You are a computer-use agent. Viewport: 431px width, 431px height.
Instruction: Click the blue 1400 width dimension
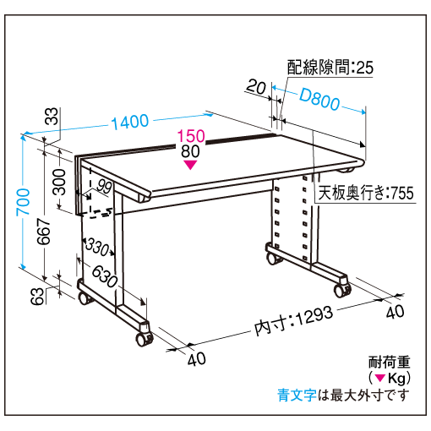point(130,122)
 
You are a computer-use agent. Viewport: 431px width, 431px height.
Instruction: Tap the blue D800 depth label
point(319,99)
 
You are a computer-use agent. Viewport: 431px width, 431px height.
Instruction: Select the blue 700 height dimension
point(23,202)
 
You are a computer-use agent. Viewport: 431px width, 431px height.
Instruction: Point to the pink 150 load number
point(191,136)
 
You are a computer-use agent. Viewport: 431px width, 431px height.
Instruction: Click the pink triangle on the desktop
point(190,165)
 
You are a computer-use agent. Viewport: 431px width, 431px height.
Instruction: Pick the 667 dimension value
point(44,231)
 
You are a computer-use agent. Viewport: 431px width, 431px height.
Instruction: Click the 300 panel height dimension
point(59,182)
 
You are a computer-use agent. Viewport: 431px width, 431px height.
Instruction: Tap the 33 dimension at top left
point(52,116)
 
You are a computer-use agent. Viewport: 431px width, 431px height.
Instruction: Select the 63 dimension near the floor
point(37,296)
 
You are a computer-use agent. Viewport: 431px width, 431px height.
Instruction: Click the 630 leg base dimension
point(105,276)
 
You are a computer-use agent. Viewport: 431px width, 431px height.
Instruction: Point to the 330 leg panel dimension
point(97,247)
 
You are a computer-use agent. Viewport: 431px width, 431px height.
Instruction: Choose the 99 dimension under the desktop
point(104,186)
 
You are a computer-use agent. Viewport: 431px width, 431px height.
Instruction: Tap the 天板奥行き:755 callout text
point(366,193)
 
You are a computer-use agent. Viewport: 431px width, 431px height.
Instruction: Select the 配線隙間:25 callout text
point(330,68)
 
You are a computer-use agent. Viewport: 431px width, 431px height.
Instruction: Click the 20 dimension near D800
point(256,87)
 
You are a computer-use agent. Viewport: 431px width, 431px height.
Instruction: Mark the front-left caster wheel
point(145,338)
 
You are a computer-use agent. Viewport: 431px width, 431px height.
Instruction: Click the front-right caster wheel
point(342,290)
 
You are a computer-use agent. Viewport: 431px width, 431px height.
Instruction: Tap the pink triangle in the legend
point(380,378)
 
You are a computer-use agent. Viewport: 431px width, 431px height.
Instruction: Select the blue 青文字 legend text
point(297,396)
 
